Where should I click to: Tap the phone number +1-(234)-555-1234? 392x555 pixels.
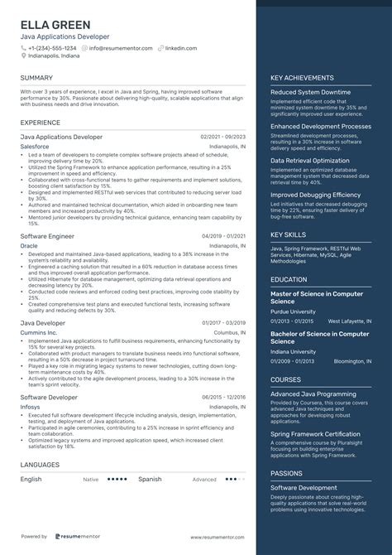click(53, 48)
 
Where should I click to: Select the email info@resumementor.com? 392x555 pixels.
click(122, 48)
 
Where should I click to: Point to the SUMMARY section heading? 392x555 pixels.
click(36, 78)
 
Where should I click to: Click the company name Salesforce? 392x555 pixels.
click(35, 146)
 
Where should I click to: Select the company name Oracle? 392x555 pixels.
click(29, 246)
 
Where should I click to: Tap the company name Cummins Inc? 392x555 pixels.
click(39, 331)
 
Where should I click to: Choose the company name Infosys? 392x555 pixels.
click(31, 407)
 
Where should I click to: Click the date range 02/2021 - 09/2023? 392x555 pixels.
click(222, 136)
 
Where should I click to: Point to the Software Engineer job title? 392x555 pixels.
click(48, 236)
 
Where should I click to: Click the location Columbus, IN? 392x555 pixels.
click(228, 331)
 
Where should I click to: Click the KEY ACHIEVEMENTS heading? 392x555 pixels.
click(303, 78)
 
